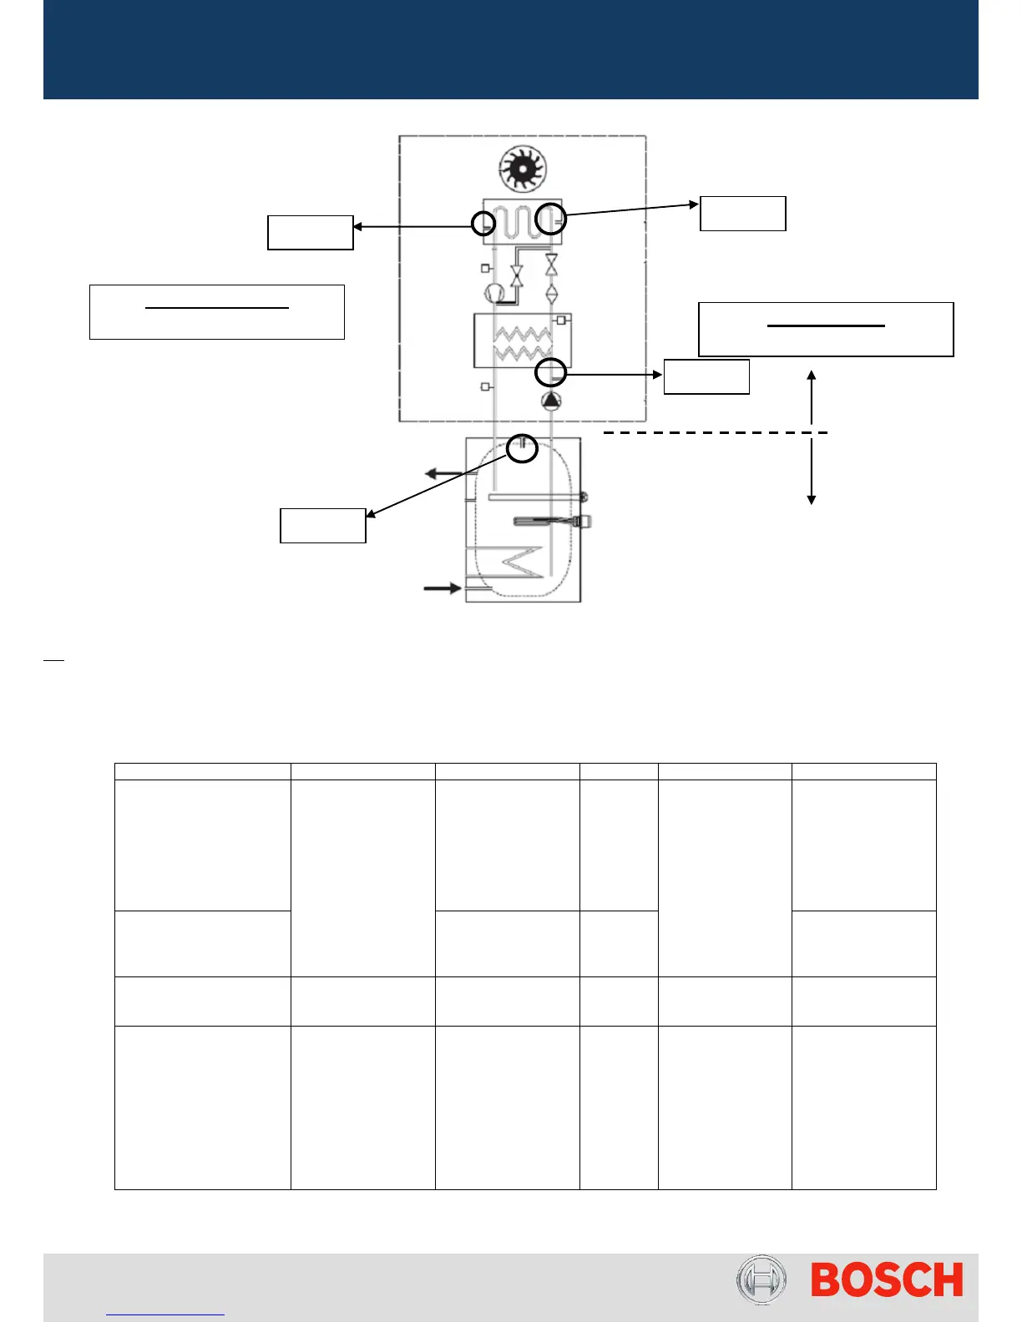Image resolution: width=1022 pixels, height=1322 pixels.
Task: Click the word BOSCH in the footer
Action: [887, 1280]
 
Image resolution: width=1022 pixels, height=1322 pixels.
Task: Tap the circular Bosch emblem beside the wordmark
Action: [761, 1280]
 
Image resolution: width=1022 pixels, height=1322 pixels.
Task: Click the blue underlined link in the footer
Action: [165, 1312]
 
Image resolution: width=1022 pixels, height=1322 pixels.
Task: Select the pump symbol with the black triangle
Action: [552, 401]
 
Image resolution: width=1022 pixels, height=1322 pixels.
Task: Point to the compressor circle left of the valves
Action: [494, 293]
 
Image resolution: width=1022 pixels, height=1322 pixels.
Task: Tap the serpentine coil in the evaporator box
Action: [521, 221]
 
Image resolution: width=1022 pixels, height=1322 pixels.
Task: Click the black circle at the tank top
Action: [522, 447]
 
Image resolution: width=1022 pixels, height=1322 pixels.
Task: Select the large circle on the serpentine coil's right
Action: [551, 219]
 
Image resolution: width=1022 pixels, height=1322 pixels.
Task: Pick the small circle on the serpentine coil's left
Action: [483, 224]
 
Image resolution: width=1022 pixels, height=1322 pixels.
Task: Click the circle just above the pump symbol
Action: [551, 373]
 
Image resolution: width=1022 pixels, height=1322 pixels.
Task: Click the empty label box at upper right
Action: [742, 214]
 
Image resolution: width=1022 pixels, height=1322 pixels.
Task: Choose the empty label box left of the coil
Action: [310, 233]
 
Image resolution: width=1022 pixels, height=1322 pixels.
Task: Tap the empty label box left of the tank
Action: [322, 526]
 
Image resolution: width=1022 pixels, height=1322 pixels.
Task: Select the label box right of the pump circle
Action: [706, 376]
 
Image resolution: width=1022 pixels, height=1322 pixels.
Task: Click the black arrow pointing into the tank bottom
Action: [443, 588]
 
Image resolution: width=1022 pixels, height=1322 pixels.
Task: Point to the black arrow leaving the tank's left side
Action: [445, 473]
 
